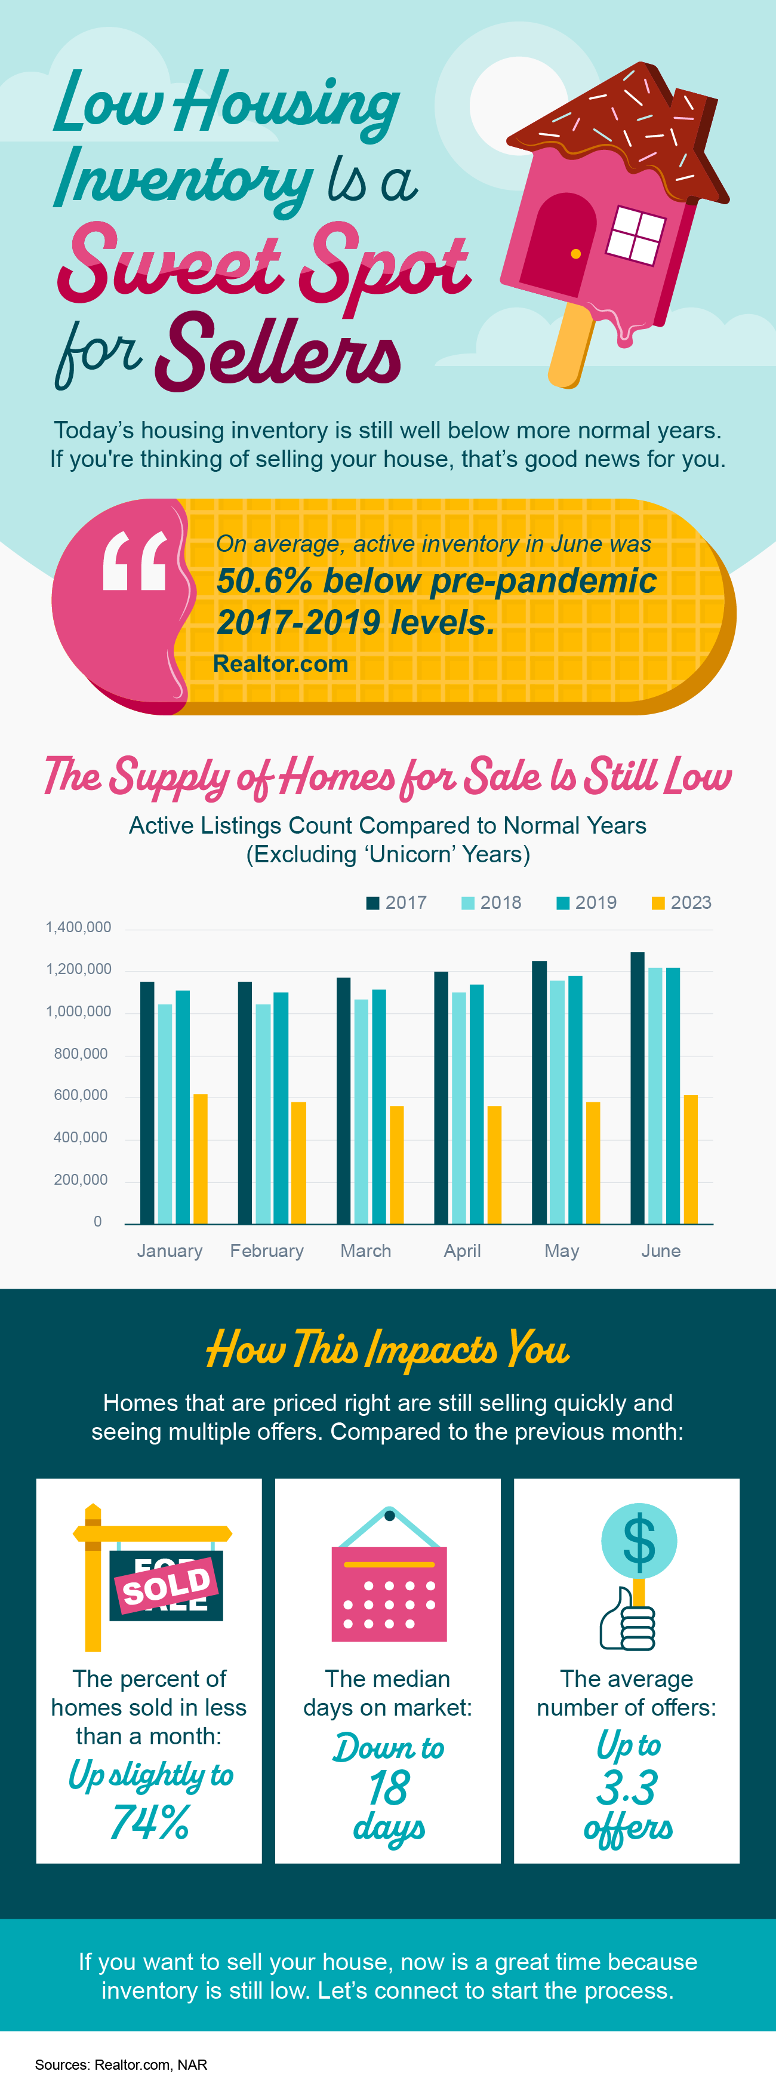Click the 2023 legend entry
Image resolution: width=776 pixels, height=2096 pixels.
click(x=682, y=902)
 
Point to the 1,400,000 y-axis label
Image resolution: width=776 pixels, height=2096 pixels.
click(x=78, y=927)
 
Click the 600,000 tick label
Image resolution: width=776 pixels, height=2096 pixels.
click(x=81, y=1095)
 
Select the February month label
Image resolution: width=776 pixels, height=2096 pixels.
click(x=267, y=1250)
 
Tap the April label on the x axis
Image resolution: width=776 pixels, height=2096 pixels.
click(x=462, y=1250)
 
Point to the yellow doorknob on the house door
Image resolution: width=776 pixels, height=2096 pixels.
click(x=576, y=254)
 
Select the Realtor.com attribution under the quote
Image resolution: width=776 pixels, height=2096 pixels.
click(x=280, y=664)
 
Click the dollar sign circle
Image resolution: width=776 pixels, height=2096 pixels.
click(x=639, y=1540)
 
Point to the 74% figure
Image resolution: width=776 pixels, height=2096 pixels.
click(x=150, y=1822)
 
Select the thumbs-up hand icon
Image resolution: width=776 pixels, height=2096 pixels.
click(x=627, y=1625)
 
